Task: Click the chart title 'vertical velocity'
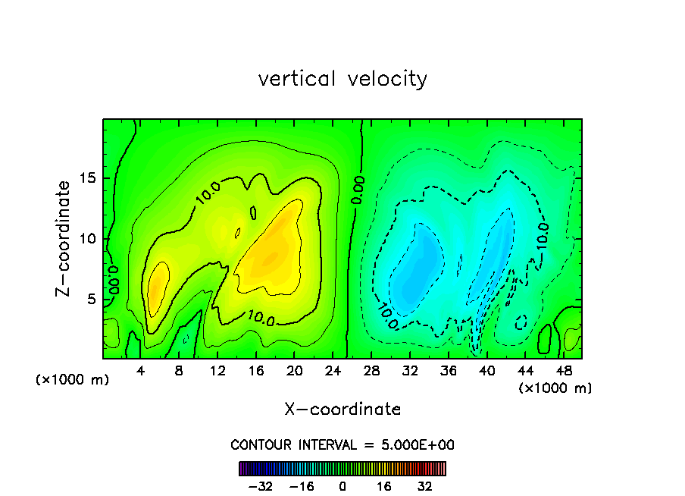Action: point(342,79)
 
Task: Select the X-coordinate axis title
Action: point(342,410)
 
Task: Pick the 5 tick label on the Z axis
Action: point(92,300)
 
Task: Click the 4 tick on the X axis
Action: point(140,371)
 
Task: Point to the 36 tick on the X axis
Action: point(450,371)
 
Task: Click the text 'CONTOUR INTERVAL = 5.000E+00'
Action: point(342,444)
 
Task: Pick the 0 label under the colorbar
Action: point(342,486)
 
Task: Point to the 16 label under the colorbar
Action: point(384,486)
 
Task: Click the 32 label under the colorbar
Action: point(425,486)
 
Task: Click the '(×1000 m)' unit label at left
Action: point(73,380)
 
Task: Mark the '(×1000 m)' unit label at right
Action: point(555,388)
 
